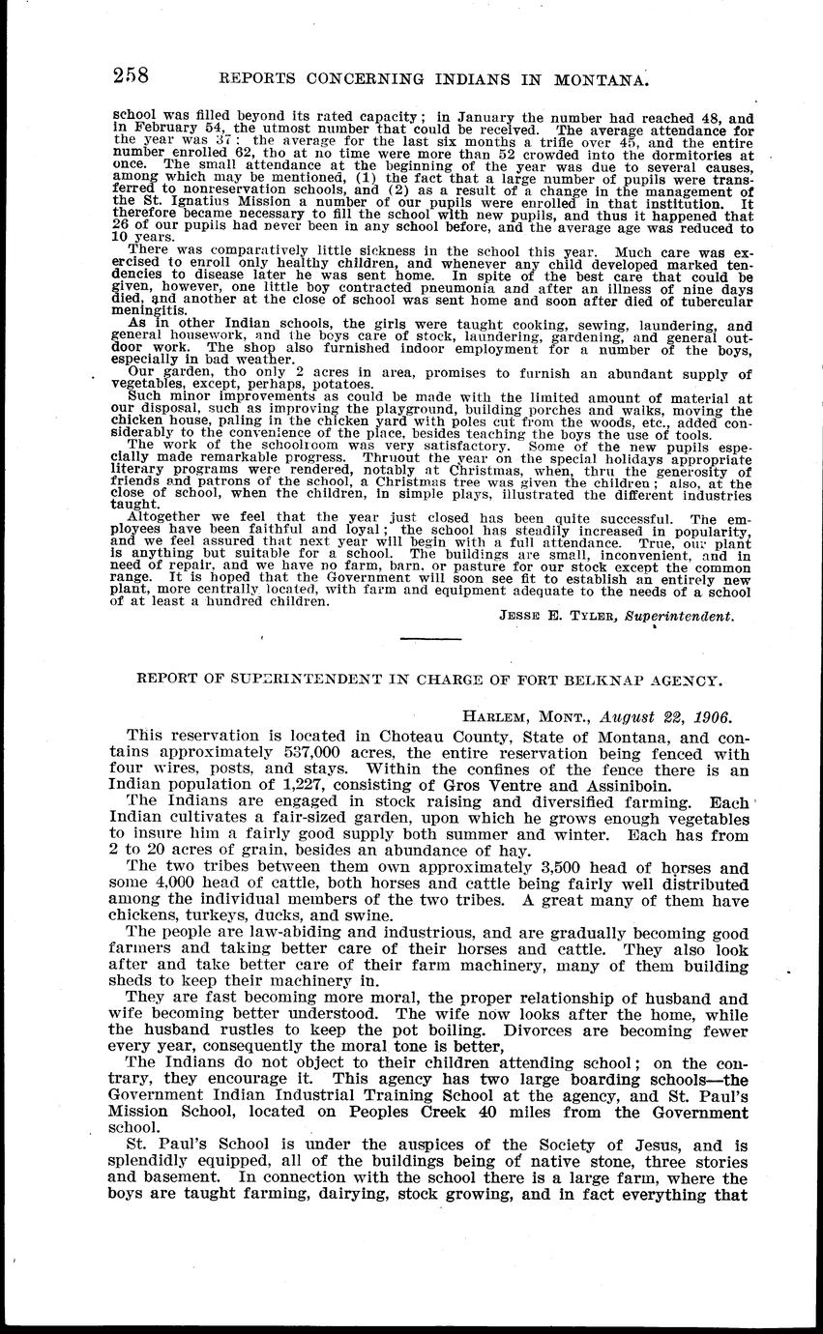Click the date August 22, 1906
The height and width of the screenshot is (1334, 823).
669,717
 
